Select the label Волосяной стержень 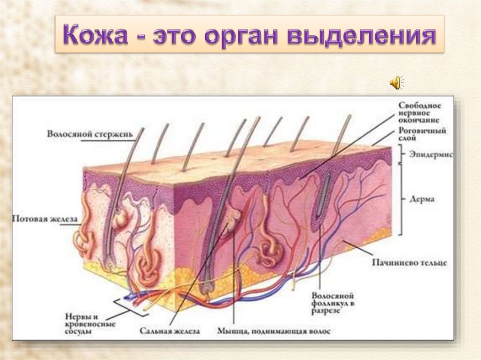90,134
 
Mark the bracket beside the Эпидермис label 401,153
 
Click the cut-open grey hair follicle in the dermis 324,197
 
